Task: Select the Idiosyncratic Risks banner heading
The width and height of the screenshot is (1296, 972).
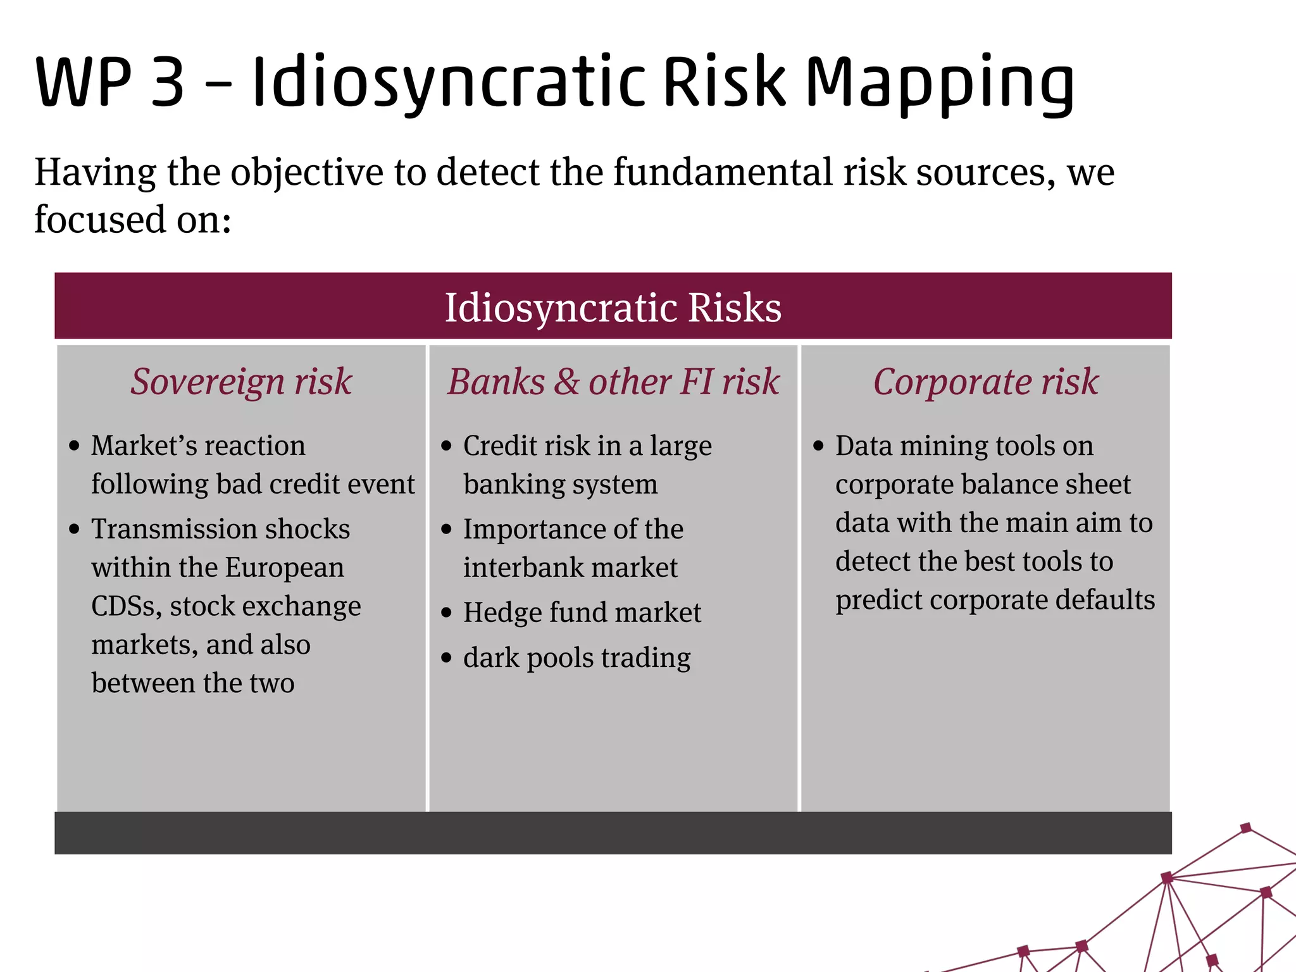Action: click(613, 308)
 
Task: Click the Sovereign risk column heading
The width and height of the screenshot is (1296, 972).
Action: click(241, 382)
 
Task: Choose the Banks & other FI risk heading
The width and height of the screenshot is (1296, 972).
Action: click(613, 382)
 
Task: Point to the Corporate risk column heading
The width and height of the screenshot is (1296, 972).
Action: click(985, 382)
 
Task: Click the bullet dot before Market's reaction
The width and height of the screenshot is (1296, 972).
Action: click(75, 446)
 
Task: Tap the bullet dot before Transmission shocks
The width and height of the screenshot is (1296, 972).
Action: click(75, 529)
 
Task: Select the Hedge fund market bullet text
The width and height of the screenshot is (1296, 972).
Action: click(582, 613)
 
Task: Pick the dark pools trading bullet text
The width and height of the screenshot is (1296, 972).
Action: click(576, 658)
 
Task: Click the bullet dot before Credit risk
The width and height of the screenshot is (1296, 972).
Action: click(447, 446)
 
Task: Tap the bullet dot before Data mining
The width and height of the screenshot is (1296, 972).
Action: click(819, 446)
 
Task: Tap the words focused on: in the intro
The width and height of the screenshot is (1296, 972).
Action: click(133, 220)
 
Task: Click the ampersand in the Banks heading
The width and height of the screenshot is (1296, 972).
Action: click(566, 382)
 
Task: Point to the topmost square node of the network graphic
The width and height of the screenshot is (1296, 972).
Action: click(1246, 828)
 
